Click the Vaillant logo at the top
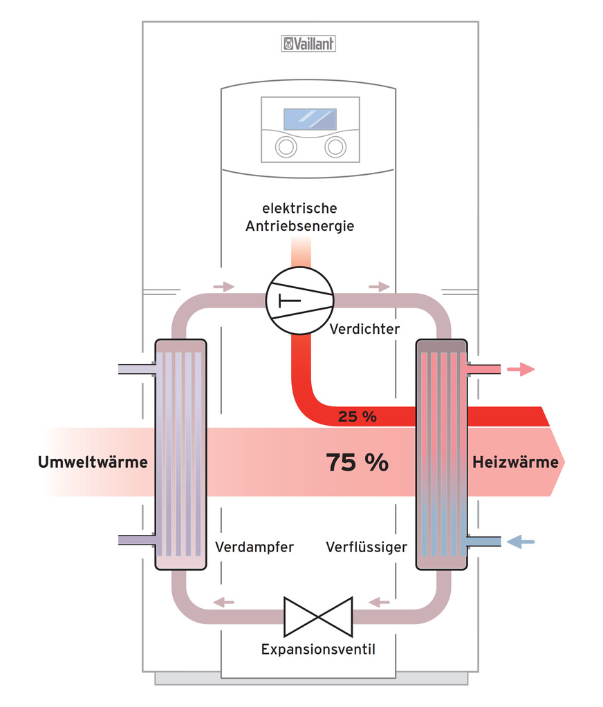(308, 44)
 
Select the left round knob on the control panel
(284, 147)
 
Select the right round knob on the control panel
(335, 147)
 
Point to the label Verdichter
(364, 329)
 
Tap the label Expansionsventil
(318, 650)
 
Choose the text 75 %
(357, 462)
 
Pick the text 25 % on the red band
(357, 416)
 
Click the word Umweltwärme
(93, 462)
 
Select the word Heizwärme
(514, 462)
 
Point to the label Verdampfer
(254, 547)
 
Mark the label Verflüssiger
(367, 547)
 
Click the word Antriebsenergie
(299, 226)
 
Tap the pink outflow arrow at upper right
(521, 369)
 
